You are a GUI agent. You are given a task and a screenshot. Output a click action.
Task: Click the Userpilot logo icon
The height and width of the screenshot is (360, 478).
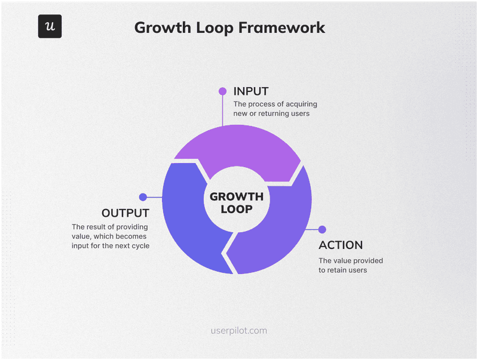(50, 26)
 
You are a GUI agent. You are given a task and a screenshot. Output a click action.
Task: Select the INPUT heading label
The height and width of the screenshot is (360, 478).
(251, 91)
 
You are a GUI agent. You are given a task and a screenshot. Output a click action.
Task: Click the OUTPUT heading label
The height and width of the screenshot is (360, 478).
(125, 213)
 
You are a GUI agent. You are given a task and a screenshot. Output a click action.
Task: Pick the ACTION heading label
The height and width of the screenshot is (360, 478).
(341, 245)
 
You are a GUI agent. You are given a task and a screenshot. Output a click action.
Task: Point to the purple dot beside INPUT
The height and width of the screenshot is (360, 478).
(222, 91)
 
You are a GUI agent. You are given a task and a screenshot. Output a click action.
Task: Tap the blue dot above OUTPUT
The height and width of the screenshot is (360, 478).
(143, 197)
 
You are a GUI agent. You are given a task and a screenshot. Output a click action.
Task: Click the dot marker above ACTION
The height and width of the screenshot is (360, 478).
(322, 229)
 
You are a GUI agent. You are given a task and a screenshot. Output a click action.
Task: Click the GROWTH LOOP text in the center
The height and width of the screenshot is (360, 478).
(237, 202)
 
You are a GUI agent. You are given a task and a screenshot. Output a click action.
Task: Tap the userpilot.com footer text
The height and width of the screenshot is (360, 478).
(239, 330)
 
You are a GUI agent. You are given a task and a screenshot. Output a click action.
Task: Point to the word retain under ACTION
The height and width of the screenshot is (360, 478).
(338, 270)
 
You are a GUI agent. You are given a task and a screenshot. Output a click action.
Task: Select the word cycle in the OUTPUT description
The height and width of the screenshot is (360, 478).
(138, 246)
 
